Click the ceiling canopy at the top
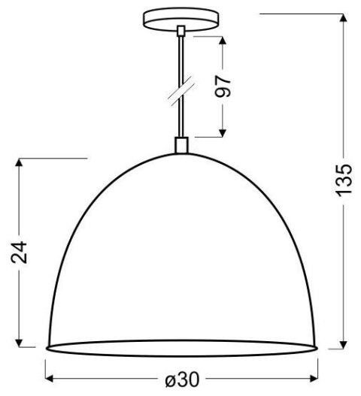[180, 16]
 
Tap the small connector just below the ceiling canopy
[180, 31]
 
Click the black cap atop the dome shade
[180, 145]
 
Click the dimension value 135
[342, 179]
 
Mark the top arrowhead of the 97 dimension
[223, 38]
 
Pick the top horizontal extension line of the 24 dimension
[53, 159]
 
